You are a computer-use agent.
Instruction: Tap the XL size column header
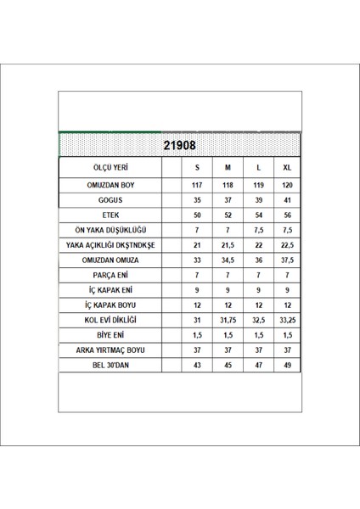(287, 168)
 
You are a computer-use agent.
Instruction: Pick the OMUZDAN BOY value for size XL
(287, 186)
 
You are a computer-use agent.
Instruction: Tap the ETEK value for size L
(258, 215)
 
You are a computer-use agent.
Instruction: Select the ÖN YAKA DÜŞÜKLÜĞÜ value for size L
(258, 231)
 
